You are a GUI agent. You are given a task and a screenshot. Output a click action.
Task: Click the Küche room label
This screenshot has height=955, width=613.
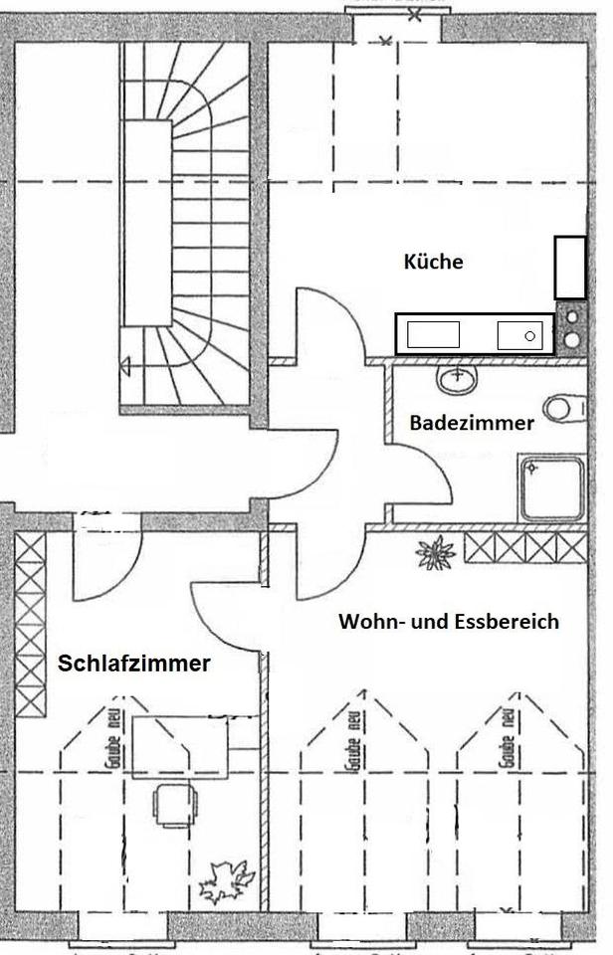pos(433,263)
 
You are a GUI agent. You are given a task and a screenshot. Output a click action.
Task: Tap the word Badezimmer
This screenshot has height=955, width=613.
pos(472,423)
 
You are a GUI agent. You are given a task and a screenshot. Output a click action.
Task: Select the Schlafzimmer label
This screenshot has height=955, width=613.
pos(134,664)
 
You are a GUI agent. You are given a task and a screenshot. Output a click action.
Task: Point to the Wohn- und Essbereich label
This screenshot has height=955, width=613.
pos(449,622)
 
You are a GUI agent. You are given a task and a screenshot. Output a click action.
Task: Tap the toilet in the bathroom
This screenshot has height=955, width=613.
pos(564,408)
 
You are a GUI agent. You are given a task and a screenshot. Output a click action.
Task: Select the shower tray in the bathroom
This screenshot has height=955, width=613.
pos(550,488)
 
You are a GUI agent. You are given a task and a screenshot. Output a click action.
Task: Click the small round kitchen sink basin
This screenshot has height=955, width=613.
pos(529,335)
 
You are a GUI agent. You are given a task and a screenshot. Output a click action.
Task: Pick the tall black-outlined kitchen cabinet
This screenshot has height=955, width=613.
pos(570,267)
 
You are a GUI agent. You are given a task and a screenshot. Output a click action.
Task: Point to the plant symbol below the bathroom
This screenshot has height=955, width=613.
pos(435,550)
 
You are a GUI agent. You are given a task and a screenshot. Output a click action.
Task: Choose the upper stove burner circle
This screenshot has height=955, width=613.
pos(572,318)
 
